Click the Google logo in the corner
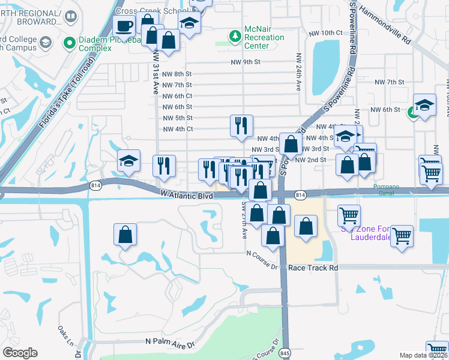point(20,352)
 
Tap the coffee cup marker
point(124,26)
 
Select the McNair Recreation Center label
point(264,37)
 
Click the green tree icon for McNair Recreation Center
point(235,38)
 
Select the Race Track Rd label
point(313,268)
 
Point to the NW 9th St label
point(246,62)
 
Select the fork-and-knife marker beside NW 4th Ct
point(241,126)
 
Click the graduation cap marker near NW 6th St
point(424,106)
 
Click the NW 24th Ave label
point(298,73)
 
